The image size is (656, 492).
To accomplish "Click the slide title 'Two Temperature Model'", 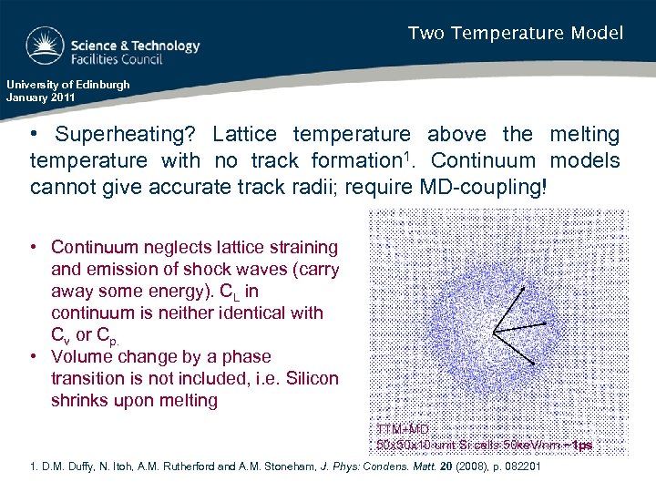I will pos(515,34).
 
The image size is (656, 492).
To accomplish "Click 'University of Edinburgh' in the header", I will pos(68,85).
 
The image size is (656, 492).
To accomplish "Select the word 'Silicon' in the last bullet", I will pos(308,379).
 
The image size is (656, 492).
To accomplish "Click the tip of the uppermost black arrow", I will pos(524,288).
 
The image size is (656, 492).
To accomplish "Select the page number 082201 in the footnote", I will pos(517,467).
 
